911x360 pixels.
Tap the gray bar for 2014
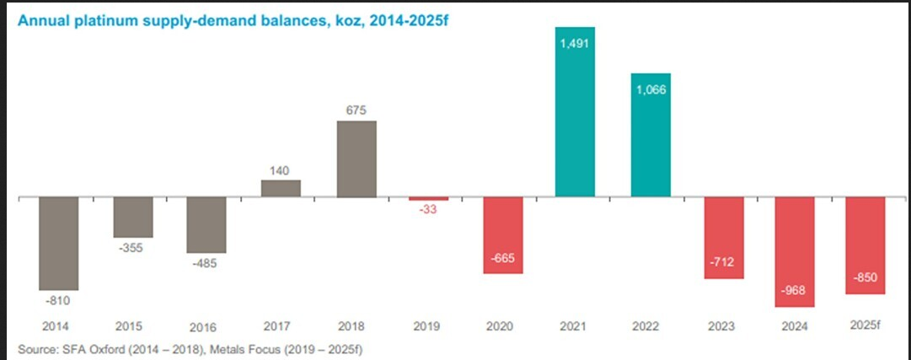[58, 244]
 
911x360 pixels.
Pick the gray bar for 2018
[356, 159]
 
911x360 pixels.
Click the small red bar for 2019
[429, 199]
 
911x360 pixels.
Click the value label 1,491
[576, 43]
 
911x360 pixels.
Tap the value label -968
[794, 291]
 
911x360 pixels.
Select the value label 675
[356, 110]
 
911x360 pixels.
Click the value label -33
[429, 212]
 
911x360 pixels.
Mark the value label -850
[865, 278]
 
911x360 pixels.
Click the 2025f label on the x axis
[865, 325]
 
